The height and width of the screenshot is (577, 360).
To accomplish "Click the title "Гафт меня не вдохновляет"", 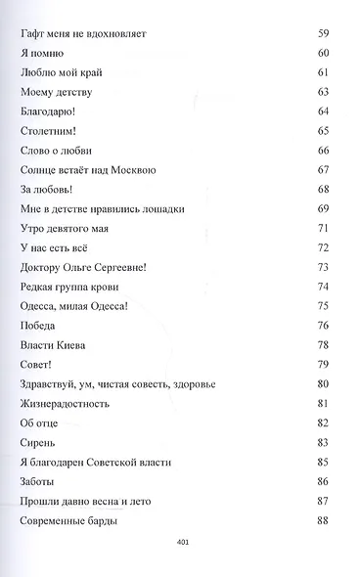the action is point(83,34).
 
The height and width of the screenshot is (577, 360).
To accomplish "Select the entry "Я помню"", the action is point(40,53).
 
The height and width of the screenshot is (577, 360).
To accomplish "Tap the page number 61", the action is point(324,72).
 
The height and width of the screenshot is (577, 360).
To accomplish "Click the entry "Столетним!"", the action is point(49,130).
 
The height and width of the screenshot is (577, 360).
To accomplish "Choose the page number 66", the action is point(324,150).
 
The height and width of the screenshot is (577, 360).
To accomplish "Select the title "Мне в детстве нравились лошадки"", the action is point(102,208).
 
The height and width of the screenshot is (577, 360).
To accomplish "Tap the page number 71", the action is point(324,228).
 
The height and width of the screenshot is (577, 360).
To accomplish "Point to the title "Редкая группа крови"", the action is point(69,287).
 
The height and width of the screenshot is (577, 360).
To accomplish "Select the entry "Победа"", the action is point(38,326).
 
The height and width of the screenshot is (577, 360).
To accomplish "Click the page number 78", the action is point(324,345).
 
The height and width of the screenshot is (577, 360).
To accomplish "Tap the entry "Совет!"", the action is point(37,365).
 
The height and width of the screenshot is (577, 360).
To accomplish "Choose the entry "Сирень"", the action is point(38,442).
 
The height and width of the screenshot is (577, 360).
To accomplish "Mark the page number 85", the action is point(324,462).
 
